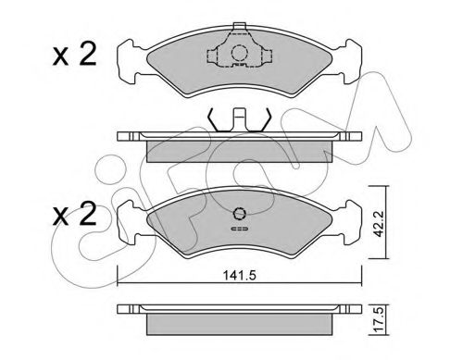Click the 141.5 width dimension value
[x=239, y=273]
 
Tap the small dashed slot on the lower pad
[x=239, y=228]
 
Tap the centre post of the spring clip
[x=238, y=118]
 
